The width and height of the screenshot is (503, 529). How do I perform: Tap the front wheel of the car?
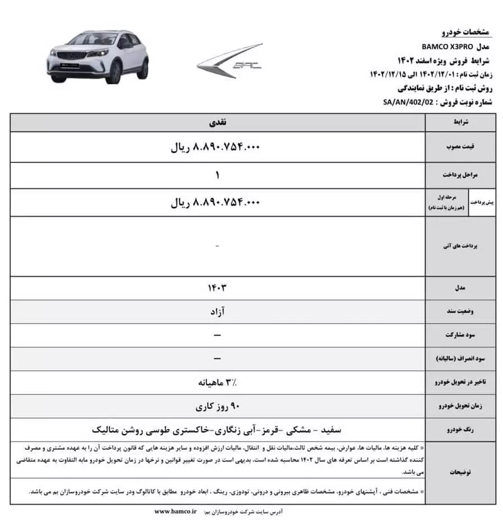coord(115,72)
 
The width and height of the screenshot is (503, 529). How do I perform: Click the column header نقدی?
coord(217,121)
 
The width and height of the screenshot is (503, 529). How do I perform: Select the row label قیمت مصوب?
coord(460,147)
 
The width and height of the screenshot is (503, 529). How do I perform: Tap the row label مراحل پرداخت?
coord(460,175)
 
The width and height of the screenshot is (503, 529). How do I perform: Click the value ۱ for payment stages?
coord(217,175)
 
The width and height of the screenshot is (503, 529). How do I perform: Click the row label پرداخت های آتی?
coord(460,246)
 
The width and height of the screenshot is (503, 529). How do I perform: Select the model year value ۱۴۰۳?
coord(217,288)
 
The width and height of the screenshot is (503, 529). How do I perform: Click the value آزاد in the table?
coord(217,312)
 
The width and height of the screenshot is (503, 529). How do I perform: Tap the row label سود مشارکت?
coord(460,335)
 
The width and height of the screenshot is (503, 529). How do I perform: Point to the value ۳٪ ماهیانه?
coord(217,382)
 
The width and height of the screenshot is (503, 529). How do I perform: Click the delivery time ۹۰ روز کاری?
coord(217,406)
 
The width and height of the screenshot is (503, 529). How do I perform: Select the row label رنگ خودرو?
coord(460,430)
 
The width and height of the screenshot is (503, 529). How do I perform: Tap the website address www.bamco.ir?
coord(175,512)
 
